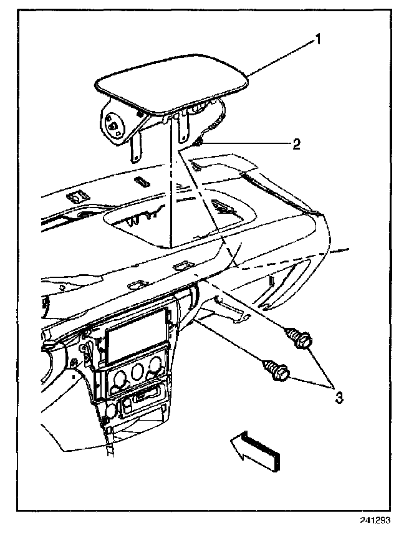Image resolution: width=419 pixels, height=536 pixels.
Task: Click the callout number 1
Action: (317, 41)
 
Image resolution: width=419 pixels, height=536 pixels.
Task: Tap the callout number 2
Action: (297, 144)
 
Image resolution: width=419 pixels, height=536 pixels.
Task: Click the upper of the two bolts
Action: (300, 339)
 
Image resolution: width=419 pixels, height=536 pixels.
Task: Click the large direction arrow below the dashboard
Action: (256, 448)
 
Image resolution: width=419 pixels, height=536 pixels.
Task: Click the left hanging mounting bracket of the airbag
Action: (136, 150)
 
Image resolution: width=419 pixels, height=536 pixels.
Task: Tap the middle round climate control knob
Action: (137, 376)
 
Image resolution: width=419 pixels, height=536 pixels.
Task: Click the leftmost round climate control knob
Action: (118, 379)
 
